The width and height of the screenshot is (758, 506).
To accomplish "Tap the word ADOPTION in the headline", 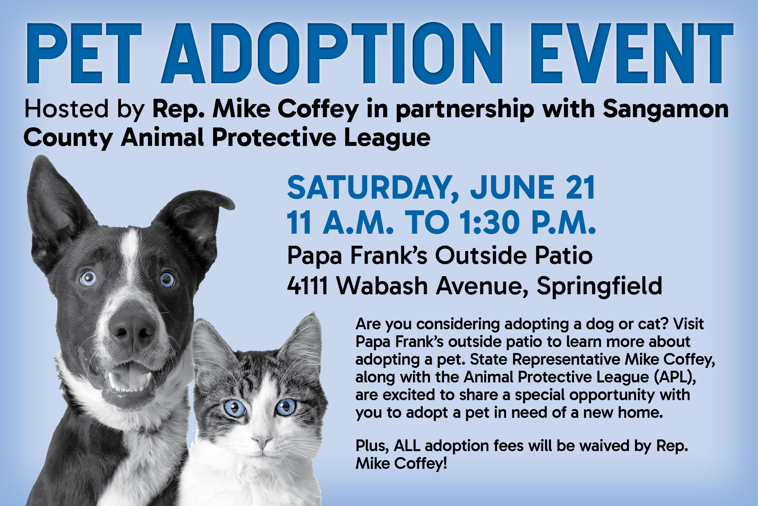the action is pos(332,53).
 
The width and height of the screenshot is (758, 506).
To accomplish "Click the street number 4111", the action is pos(307,286).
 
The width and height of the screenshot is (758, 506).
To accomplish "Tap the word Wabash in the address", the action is pos(382,285).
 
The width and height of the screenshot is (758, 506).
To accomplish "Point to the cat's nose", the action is pos(261,441).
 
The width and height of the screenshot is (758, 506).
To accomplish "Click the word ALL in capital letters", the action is pos(407,446).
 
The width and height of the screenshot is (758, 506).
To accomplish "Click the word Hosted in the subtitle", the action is pos(66,109).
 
